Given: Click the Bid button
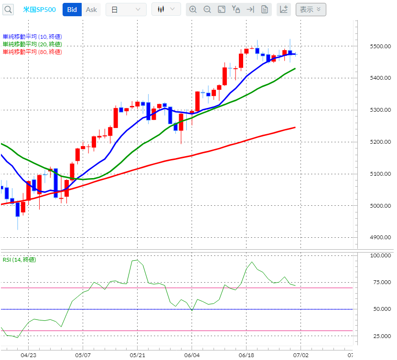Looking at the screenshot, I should [72, 10].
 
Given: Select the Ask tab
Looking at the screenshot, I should [91, 10].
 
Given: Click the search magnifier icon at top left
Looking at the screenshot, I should [9, 10].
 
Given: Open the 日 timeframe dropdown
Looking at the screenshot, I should [126, 10].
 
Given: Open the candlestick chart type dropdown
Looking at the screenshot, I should [166, 10].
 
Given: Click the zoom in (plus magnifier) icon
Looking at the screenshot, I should [193, 10].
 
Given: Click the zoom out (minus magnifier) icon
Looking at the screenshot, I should [207, 10].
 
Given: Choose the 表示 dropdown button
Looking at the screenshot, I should [311, 9].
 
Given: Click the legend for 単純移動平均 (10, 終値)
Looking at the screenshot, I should [32, 37].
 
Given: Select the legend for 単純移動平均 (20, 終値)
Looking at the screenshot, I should [32, 44].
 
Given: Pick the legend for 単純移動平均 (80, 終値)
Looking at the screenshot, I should [32, 52].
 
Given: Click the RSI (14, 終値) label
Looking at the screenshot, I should [19, 260].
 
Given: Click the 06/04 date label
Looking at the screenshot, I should [192, 355].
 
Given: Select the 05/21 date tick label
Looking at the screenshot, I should [138, 355].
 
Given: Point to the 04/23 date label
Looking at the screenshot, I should [29, 355].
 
